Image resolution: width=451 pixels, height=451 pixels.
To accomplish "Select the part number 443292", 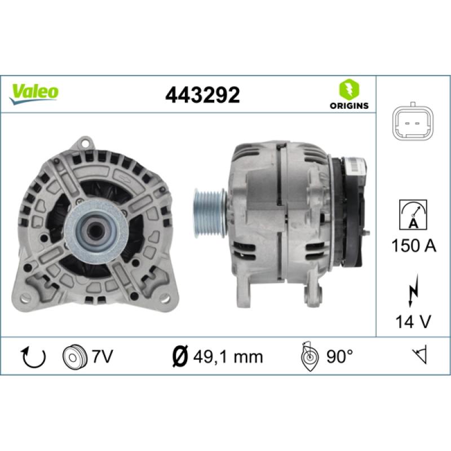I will (202, 94).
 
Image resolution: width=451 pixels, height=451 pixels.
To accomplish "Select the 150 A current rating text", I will (413, 246).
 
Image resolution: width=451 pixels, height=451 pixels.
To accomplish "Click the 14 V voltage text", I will (413, 322).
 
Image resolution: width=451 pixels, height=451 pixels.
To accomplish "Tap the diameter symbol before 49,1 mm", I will (179, 356).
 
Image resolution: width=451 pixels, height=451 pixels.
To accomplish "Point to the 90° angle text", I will (339, 356).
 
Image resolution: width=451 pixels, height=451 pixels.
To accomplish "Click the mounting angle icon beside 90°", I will (309, 356).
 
